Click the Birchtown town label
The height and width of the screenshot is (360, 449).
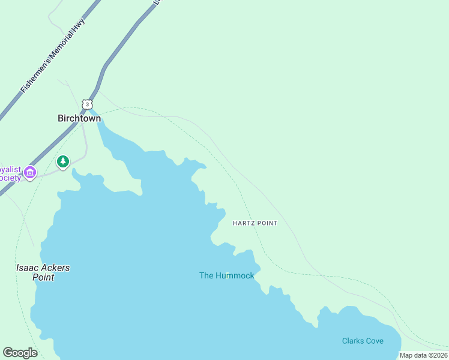[x=79, y=118]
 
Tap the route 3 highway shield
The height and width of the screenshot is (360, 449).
[x=88, y=104]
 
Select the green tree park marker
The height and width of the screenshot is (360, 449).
[x=63, y=162]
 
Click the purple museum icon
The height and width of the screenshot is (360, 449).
[x=30, y=173]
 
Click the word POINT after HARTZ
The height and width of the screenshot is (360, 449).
[x=267, y=223]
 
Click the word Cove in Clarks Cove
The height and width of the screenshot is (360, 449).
[x=375, y=341]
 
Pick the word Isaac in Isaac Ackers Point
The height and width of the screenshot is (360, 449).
[x=26, y=268]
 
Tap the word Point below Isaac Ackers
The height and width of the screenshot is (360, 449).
[x=43, y=277]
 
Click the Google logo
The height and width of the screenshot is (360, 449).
[x=20, y=353]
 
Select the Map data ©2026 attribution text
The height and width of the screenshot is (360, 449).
[x=423, y=355]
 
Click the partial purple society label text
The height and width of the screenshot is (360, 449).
[x=10, y=173]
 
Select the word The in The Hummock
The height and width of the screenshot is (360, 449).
[x=206, y=276]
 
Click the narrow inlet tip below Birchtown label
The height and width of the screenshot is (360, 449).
[x=97, y=114]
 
